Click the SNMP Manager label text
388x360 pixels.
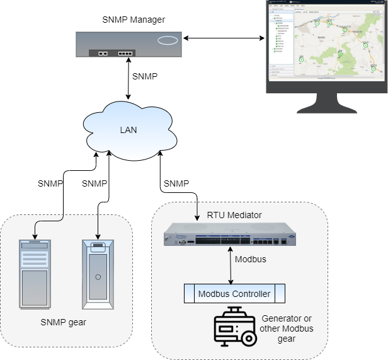click(x=134, y=20)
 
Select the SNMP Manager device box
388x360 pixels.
click(x=130, y=45)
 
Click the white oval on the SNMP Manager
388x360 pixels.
click(x=168, y=41)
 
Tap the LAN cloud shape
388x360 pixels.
click(x=128, y=131)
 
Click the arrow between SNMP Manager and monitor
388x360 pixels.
click(x=224, y=39)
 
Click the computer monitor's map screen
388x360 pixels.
click(x=326, y=39)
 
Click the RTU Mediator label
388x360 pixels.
click(x=234, y=215)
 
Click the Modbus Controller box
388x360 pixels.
click(x=234, y=294)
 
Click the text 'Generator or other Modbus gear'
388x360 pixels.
click(x=286, y=328)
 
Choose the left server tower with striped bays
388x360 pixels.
click(x=34, y=273)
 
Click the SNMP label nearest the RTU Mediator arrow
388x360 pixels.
click(x=176, y=183)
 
